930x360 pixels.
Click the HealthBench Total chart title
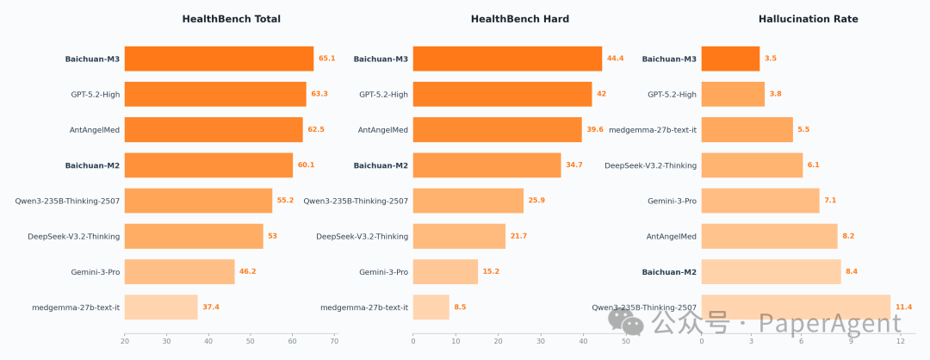[231, 19]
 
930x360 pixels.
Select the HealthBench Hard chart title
[519, 19]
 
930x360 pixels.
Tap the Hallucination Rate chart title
[808, 19]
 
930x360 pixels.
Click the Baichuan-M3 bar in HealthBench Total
[219, 59]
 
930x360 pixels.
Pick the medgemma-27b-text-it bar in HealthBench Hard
[431, 307]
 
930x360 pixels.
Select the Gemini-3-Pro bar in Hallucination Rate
[760, 201]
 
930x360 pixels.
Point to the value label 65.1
[327, 59]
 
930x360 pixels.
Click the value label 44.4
[616, 59]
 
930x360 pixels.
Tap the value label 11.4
[903, 307]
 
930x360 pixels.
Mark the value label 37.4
[211, 307]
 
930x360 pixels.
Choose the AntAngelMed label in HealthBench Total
[95, 130]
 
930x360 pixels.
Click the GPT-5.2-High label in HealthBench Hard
[383, 94]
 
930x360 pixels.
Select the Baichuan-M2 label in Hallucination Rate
[669, 272]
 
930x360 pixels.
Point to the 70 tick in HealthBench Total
[334, 342]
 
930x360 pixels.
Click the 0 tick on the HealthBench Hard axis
[413, 342]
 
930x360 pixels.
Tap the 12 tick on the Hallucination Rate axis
[900, 342]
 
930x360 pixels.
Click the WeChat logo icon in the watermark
[626, 321]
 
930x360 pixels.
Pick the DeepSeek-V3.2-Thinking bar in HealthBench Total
[194, 236]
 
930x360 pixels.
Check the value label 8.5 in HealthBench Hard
[460, 307]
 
